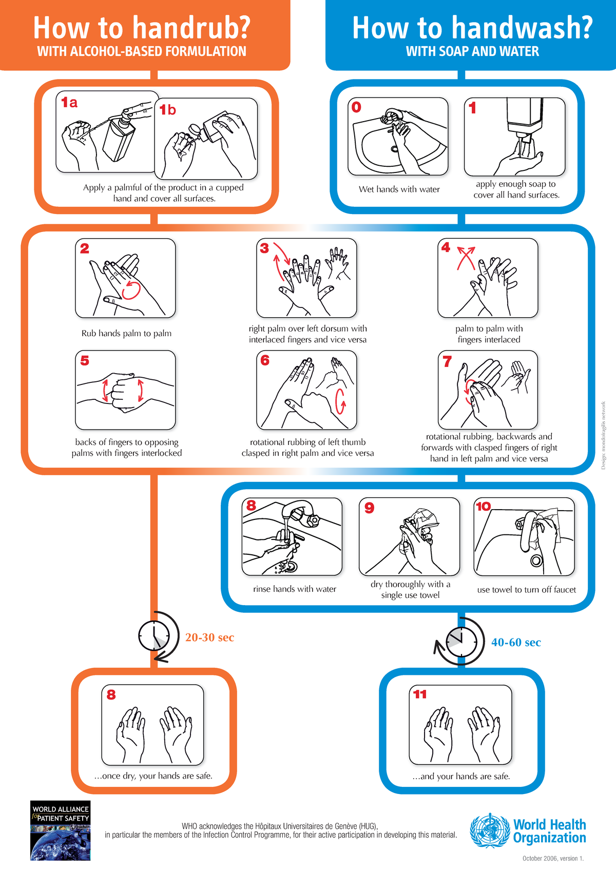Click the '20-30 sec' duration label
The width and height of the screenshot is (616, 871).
209,637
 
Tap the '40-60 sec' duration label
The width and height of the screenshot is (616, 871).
516,643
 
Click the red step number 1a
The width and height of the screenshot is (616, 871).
69,103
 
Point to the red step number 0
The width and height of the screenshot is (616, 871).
356,107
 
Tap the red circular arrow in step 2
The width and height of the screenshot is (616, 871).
131,289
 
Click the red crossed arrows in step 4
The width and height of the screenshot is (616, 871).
466,257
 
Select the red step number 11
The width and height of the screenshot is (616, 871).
420,694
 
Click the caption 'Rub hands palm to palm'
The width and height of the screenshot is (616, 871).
126,334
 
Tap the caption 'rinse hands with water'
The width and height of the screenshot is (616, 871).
294,589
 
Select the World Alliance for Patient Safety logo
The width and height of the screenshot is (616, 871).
61,830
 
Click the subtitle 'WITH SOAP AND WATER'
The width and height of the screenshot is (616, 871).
472,51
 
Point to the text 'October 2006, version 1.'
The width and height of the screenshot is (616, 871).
553,858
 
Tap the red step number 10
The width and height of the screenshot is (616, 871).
483,507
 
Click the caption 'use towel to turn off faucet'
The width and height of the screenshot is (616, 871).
526,590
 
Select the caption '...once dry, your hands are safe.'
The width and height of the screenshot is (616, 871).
153,776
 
